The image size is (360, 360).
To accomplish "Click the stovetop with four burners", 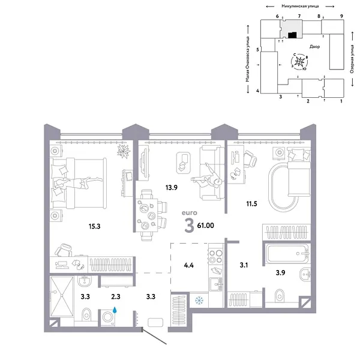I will [x=214, y=257].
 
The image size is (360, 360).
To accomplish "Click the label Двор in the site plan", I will [x=316, y=47].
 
